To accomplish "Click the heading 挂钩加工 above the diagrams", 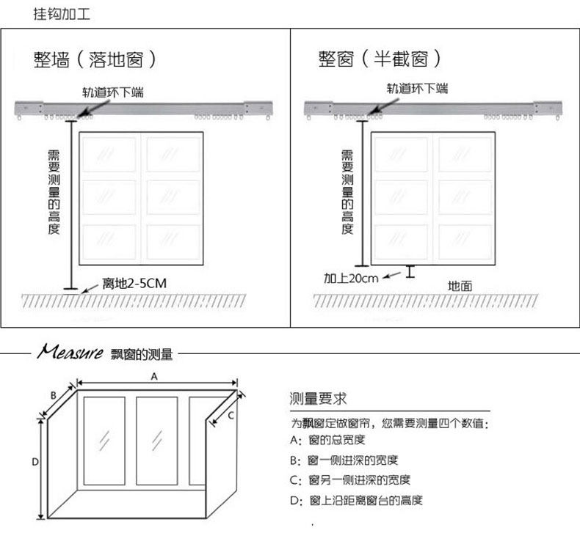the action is click(x=62, y=14).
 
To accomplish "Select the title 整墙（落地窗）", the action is click(x=95, y=60).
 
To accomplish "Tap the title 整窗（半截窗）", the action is click(x=380, y=59).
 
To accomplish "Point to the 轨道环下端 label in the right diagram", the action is click(x=418, y=90).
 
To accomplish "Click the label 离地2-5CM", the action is click(x=139, y=284).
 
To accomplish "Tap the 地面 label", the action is click(x=460, y=284).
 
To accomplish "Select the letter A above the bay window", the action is click(x=154, y=376).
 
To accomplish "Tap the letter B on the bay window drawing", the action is click(x=54, y=396).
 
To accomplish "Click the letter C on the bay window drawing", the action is click(x=230, y=415).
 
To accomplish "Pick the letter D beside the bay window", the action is click(x=34, y=462).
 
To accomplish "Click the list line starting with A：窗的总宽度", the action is click(x=327, y=441).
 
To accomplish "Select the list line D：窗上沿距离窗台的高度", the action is click(x=356, y=500).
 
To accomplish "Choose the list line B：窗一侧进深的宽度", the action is click(x=344, y=460).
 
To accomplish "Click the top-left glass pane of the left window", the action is click(x=109, y=154).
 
